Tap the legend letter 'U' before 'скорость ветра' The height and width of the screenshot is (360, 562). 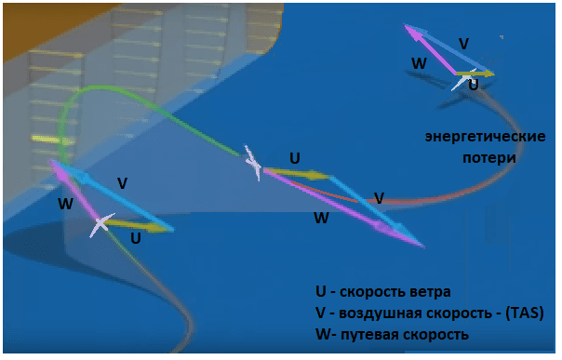[321, 289]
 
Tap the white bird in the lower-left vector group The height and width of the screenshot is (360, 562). [101, 224]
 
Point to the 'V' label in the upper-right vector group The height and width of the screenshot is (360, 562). [463, 44]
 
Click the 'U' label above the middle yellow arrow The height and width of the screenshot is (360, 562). [295, 158]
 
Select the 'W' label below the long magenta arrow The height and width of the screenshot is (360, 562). [321, 219]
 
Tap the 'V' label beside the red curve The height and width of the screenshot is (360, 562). [379, 198]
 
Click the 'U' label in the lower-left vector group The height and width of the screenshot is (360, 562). [136, 238]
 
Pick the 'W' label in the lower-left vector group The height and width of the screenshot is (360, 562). [65, 203]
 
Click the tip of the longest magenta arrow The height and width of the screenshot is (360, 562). [422, 246]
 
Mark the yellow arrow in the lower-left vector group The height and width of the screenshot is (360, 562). [140, 224]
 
